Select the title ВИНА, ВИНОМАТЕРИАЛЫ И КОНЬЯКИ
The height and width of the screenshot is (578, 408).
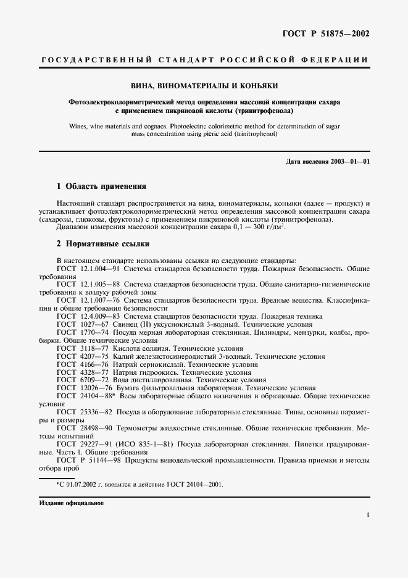click(204, 86)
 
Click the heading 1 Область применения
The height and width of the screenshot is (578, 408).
click(101, 186)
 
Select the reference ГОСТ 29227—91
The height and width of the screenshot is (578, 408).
click(86, 443)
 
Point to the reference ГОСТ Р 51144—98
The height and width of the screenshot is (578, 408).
click(90, 460)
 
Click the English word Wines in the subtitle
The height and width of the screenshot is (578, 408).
click(79, 125)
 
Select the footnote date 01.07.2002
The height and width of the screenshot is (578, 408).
click(79, 484)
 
